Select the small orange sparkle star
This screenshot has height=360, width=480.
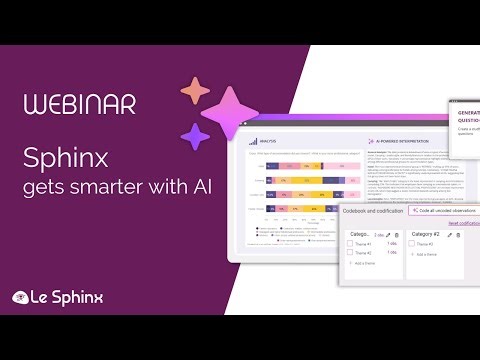[192, 93]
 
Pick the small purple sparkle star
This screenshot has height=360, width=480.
[196, 136]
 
